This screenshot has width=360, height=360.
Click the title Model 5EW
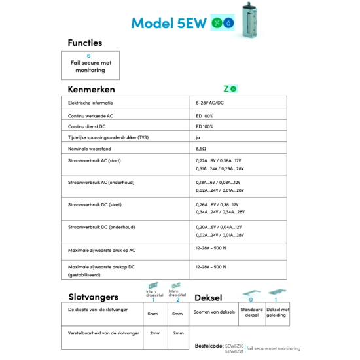pos(169,23)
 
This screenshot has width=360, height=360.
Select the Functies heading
pos(84,43)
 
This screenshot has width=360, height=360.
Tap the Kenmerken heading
pos(91,89)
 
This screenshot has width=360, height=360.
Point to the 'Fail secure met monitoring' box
pos(90,65)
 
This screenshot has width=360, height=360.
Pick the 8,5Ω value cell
pos(202,149)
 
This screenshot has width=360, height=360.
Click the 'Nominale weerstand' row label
pos(89,149)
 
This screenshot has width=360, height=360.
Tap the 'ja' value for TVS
pos(198,137)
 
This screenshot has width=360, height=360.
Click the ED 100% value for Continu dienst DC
pos(204,126)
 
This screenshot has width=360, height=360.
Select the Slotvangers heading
pos(94,297)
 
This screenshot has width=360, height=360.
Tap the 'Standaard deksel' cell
pos(251,312)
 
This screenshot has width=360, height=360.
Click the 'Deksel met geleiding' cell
pos(278,312)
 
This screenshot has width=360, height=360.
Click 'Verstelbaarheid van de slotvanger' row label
pos(103,333)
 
